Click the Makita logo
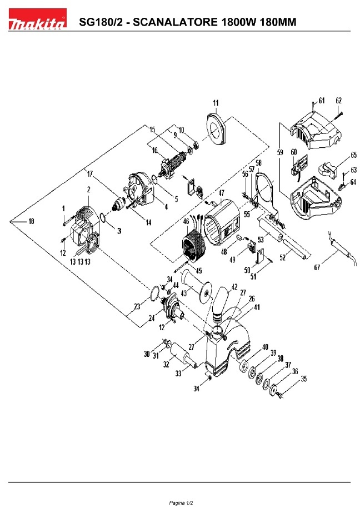(38, 19)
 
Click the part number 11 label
(216, 103)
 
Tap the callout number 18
(31, 221)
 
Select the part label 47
(221, 193)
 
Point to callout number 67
(317, 267)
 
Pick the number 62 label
(338, 101)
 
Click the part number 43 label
(184, 294)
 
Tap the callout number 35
(303, 379)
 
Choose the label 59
(280, 152)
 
